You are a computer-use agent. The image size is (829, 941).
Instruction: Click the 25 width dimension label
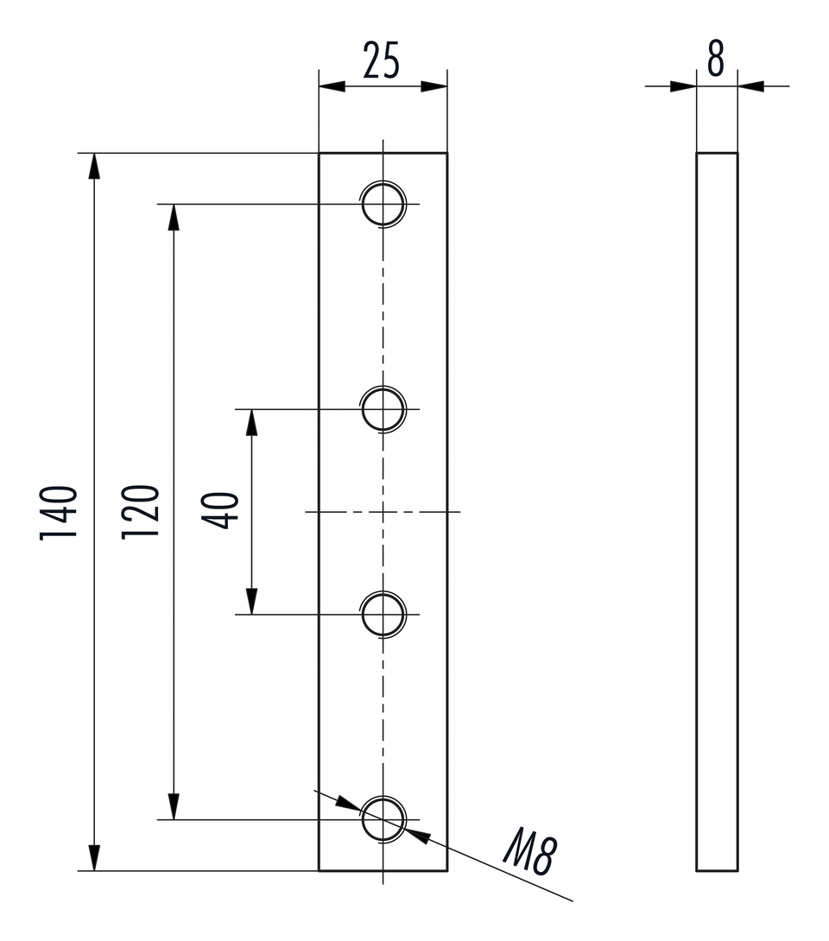pos(382,62)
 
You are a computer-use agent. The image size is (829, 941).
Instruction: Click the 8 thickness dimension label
pos(716,60)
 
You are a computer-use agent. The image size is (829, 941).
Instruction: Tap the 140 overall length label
pos(60,512)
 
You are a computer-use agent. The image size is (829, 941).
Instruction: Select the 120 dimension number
pos(140,512)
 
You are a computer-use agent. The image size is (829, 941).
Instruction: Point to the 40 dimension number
pos(219,510)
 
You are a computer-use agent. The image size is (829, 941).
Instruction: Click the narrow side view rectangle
pos(717,512)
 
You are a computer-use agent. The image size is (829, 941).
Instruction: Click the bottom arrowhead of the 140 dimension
pos(94,857)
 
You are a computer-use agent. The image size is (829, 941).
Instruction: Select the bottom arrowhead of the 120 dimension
pos(174,805)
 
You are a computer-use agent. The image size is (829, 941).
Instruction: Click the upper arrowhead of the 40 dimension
pos(251,422)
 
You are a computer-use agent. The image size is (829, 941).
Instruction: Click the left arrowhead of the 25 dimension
pos(332,86)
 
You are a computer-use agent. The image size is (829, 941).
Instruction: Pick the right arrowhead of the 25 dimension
pos(434,86)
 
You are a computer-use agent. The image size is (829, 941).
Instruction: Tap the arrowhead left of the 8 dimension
pos(683,86)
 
